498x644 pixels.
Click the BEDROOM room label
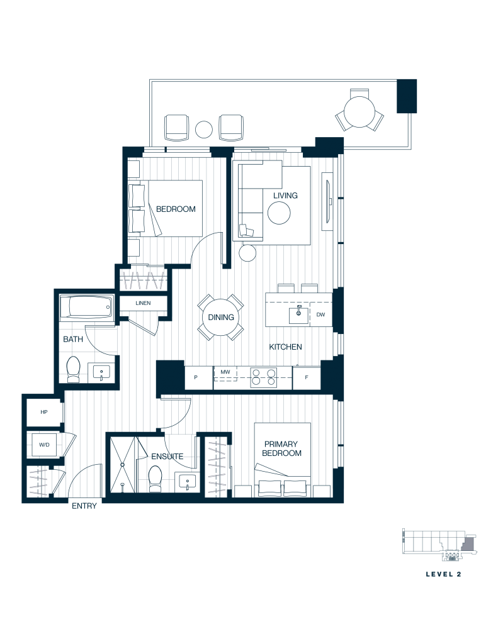tap(176, 209)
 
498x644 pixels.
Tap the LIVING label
tap(285, 196)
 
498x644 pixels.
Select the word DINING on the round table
tap(221, 318)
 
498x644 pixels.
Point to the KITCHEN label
tap(286, 347)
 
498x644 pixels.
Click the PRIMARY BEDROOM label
tap(282, 448)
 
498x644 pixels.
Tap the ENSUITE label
tap(167, 457)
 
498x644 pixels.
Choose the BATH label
tap(73, 340)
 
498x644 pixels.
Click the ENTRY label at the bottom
tap(84, 506)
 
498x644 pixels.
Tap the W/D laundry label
tap(44, 445)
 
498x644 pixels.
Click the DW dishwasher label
tap(321, 315)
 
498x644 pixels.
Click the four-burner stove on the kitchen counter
tap(264, 377)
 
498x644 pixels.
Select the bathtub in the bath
tap(89, 308)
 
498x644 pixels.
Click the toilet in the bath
tap(74, 369)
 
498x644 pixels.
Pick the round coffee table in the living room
tap(279, 214)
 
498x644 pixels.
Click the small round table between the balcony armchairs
tap(203, 130)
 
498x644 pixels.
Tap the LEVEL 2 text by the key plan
tap(444, 574)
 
